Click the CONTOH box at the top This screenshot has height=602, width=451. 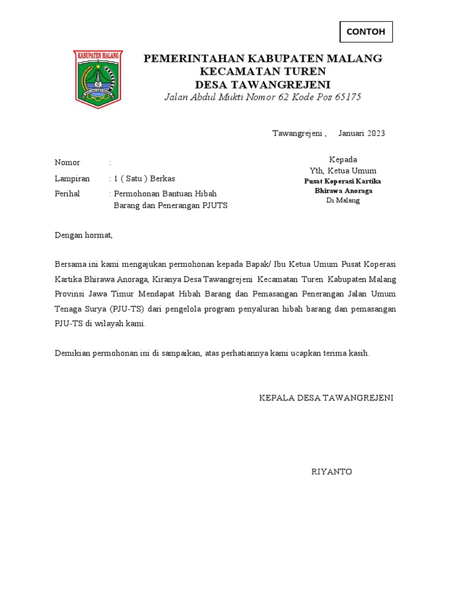click(366, 32)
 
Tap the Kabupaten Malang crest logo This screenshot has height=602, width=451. click(97, 78)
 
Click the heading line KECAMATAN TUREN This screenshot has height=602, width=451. click(263, 71)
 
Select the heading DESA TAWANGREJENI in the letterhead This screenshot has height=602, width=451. click(262, 84)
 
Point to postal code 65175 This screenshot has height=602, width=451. click(348, 97)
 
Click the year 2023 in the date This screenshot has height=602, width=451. click(376, 133)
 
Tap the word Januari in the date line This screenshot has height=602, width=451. click(351, 133)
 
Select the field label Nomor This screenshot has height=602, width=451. click(67, 162)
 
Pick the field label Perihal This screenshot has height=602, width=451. click(67, 193)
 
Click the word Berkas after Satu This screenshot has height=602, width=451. click(161, 178)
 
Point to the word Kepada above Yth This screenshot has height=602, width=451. click(343, 159)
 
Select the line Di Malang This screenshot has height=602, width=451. click(343, 200)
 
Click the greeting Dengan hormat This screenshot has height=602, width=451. click(83, 236)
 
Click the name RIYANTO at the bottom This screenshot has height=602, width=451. click(332, 471)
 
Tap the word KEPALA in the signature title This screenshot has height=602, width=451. click(274, 398)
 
